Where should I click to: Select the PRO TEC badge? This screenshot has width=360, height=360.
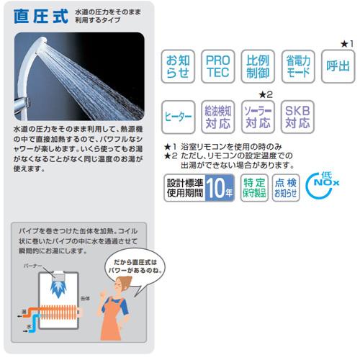coord(218,66)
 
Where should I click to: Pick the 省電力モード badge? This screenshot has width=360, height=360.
coord(297,66)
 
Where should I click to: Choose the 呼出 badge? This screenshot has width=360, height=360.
coord(337,66)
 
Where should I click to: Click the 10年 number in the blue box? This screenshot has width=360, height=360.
coord(220,187)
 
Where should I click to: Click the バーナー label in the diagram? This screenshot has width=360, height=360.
coord(35,266)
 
